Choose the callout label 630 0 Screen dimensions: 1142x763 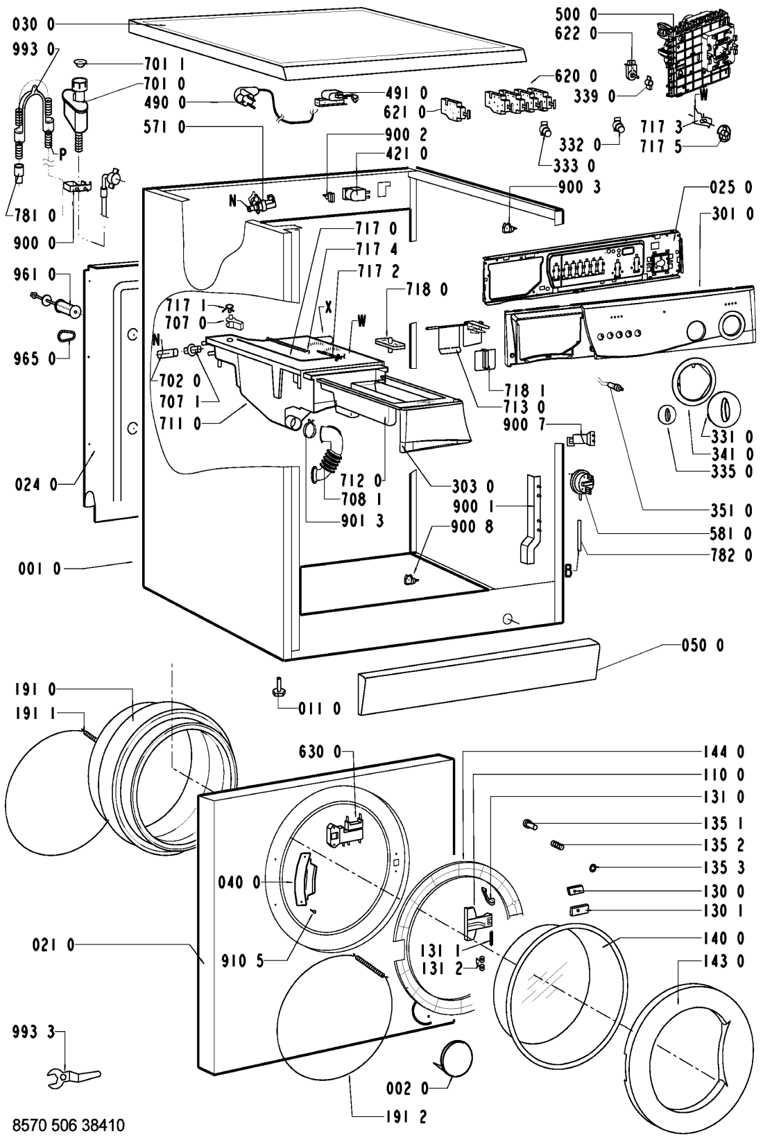click(x=320, y=752)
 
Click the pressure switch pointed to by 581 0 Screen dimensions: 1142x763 click(x=581, y=483)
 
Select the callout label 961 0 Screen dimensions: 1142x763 click(x=28, y=275)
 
